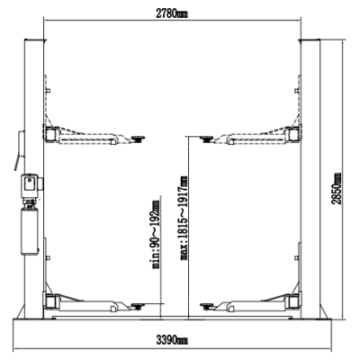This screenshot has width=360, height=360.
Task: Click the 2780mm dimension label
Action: pos(172,13)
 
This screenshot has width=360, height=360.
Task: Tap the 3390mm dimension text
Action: pos(172,340)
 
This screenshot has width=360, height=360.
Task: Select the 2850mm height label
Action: pos(337,188)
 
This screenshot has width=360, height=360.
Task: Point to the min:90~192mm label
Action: pos(155,234)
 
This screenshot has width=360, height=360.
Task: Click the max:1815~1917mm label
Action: pos(184,218)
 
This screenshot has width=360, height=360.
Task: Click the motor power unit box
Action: pos(31,186)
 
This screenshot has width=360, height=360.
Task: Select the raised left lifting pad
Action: pos(138,139)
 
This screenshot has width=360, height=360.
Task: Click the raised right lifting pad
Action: pos(207,139)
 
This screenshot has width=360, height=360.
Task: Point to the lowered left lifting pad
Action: pos(138,306)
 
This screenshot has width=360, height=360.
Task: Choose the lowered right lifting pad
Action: pos(207,306)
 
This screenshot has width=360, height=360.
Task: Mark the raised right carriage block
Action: pos(292,133)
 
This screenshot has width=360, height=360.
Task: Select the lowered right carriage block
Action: pos(292,301)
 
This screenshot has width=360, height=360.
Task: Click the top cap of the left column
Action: pos(35,40)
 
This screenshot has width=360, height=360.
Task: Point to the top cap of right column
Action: pos(310,40)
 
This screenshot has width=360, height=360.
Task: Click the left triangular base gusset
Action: pos(21,311)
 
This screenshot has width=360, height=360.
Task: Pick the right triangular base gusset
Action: pos(324,311)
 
